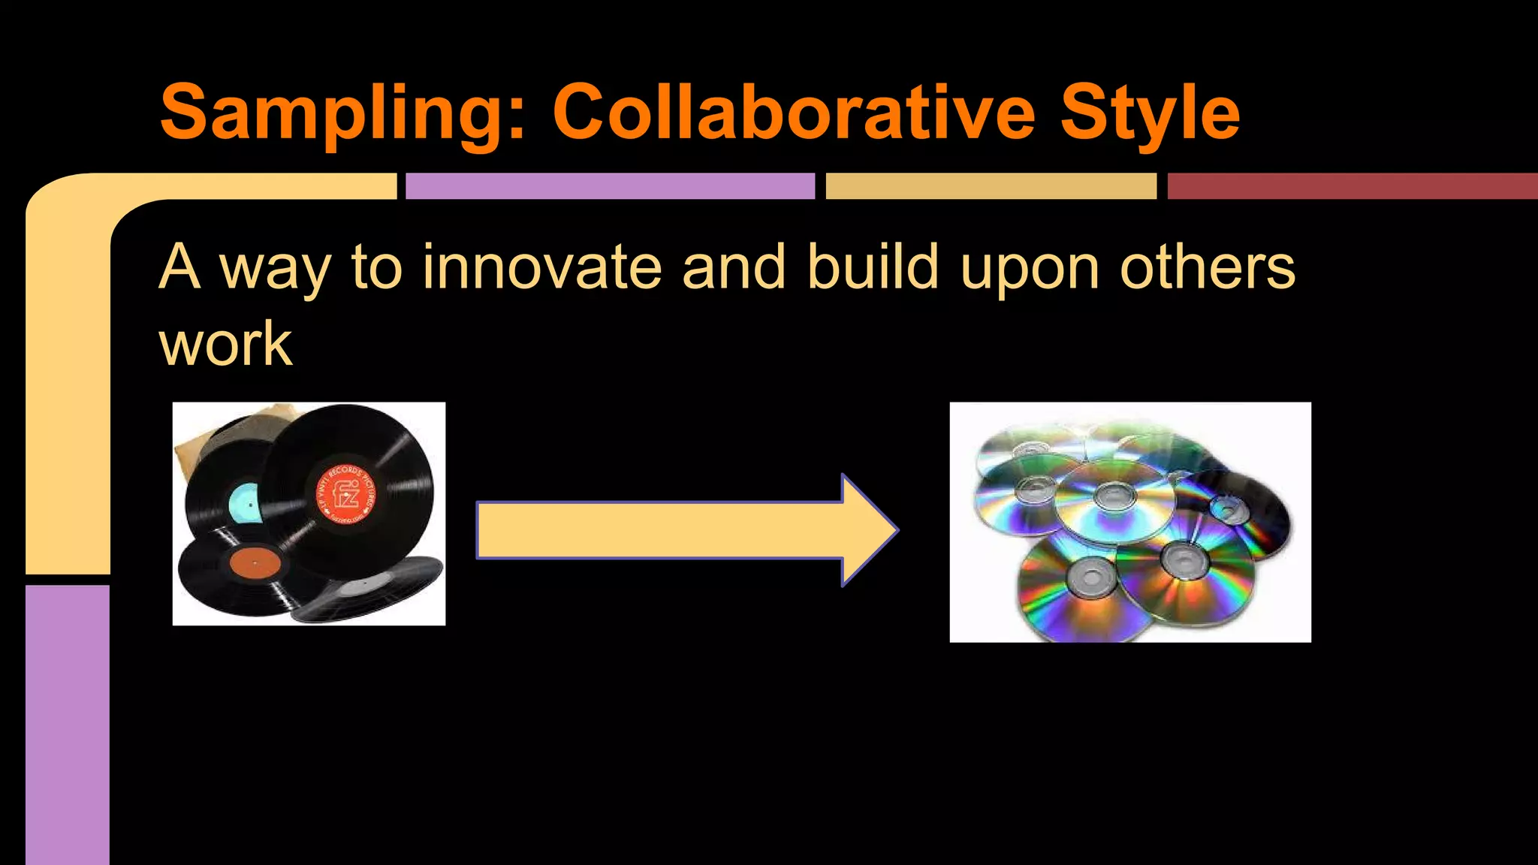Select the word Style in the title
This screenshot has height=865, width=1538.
(x=1149, y=114)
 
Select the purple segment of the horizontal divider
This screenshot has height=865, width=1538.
(x=610, y=186)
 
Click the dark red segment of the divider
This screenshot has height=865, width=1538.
(x=1352, y=186)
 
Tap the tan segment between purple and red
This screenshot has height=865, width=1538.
(x=991, y=186)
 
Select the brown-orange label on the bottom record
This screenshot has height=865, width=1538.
(x=255, y=563)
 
